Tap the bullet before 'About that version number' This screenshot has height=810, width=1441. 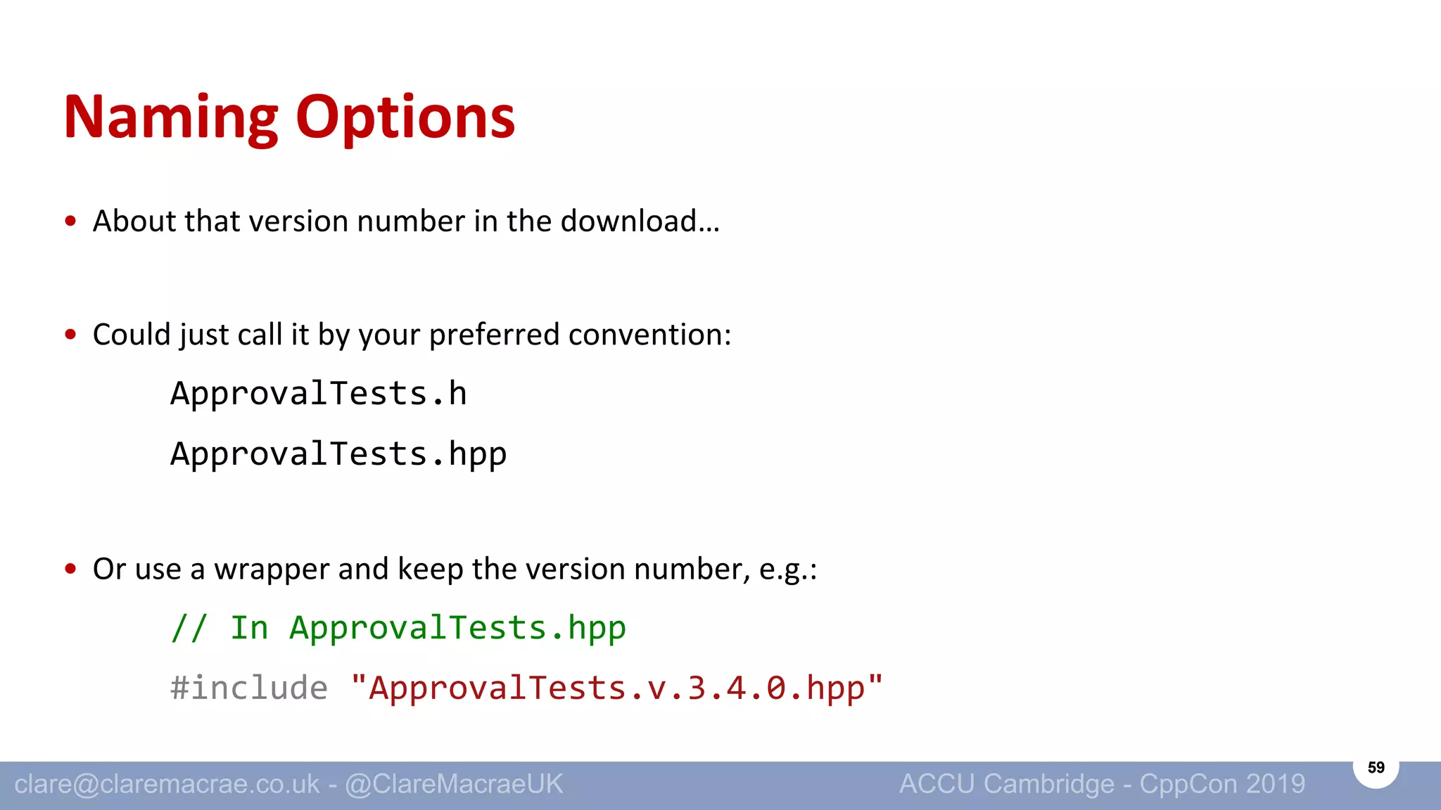pyautogui.click(x=70, y=221)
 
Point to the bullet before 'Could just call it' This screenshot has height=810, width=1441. pyautogui.click(x=70, y=335)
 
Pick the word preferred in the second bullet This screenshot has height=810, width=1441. pyautogui.click(x=494, y=335)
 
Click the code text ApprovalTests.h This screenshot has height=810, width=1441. pyautogui.click(x=318, y=394)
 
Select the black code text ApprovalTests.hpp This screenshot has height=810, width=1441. pyautogui.click(x=338, y=454)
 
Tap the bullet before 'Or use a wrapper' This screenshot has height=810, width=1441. pyautogui.click(x=70, y=569)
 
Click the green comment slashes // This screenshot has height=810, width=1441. pyautogui.click(x=189, y=628)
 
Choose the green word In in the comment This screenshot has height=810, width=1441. pyautogui.click(x=249, y=628)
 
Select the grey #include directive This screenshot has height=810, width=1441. pyautogui.click(x=249, y=688)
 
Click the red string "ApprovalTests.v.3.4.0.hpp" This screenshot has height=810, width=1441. pyautogui.click(x=616, y=688)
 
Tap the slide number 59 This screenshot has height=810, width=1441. pyautogui.click(x=1376, y=768)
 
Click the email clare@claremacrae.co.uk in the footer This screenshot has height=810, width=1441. pyautogui.click(x=167, y=784)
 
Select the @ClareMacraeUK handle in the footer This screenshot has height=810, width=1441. pyautogui.click(x=454, y=784)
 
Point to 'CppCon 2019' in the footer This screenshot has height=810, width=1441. pyautogui.click(x=1222, y=784)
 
